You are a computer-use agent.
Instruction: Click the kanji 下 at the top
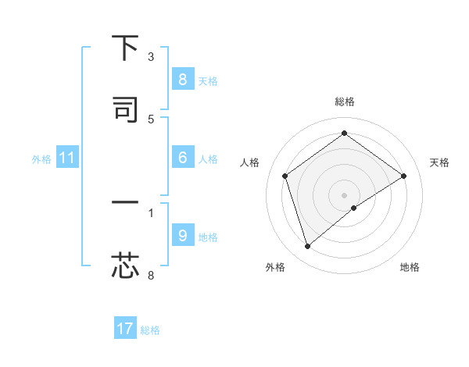tap(125, 48)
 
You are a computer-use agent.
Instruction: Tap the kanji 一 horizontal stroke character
tap(125, 203)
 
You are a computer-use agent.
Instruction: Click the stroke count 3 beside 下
tap(151, 57)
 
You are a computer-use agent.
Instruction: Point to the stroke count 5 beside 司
tap(151, 119)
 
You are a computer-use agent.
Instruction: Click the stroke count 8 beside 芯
tap(151, 275)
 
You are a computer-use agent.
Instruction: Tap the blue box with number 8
tap(182, 80)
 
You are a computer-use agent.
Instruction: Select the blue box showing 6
tap(182, 158)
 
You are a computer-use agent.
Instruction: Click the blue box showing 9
tap(182, 236)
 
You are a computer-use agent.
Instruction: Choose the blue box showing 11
tap(67, 159)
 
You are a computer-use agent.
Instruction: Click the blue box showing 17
tap(125, 329)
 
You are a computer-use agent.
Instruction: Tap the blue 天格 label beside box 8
tap(208, 81)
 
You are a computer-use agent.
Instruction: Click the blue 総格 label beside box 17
tap(150, 330)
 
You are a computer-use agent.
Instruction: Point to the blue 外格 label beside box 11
tap(41, 159)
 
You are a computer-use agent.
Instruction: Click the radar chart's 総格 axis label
tap(345, 102)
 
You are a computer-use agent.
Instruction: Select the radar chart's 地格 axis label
tap(410, 268)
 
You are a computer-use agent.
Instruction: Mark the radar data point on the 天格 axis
tap(404, 176)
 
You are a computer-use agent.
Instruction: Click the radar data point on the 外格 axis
tap(307, 247)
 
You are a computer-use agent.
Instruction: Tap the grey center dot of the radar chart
tap(345, 194)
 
